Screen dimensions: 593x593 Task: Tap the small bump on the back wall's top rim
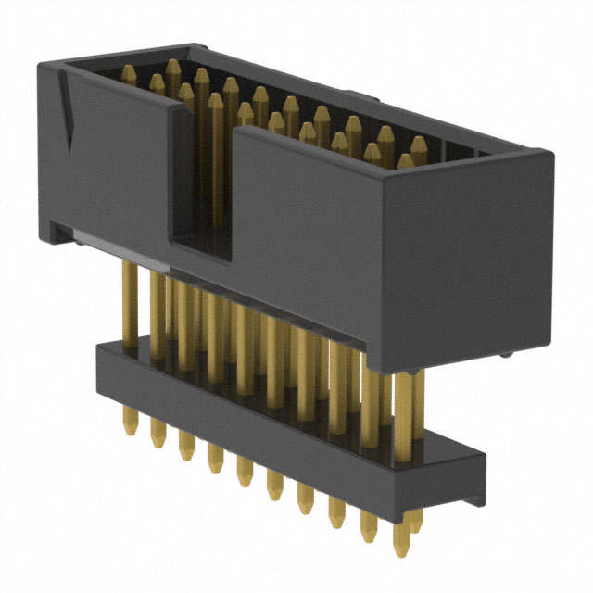[x=350, y=93]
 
